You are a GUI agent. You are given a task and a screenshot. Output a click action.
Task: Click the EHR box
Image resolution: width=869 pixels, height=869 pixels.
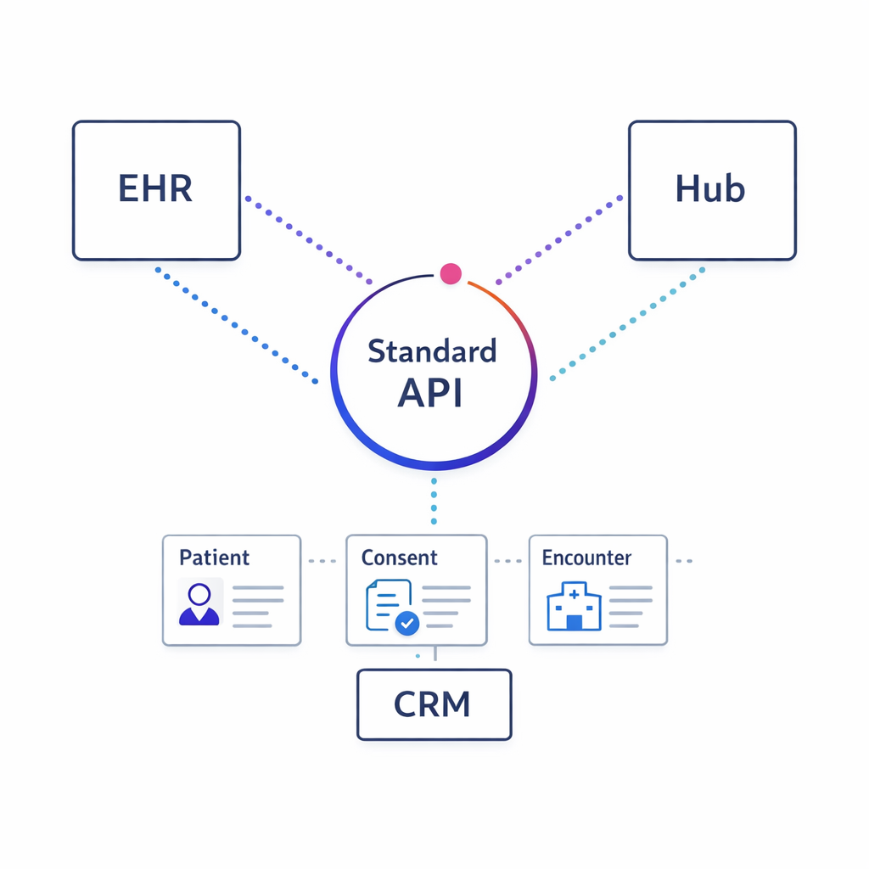[x=156, y=190]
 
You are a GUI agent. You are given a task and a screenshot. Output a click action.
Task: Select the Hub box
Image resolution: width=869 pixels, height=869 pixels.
[x=712, y=190]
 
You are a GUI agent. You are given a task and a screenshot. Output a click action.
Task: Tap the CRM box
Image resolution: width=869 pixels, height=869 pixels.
[x=434, y=704]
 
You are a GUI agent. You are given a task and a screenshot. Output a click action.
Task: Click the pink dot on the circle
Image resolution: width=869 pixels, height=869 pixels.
[x=451, y=273]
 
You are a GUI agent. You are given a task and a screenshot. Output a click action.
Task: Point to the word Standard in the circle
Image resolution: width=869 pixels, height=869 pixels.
[x=432, y=351]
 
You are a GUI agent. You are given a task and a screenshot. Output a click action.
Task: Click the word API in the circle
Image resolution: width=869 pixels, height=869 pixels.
[x=430, y=394]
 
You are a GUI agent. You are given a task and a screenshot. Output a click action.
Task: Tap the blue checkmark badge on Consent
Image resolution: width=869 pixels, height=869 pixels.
[x=407, y=623]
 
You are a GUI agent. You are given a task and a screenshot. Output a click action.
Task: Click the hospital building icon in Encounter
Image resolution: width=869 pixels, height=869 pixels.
[x=574, y=607]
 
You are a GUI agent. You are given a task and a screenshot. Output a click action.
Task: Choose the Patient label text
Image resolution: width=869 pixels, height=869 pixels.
[x=214, y=558]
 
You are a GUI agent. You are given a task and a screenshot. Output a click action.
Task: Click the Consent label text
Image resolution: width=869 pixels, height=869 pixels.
[x=399, y=558]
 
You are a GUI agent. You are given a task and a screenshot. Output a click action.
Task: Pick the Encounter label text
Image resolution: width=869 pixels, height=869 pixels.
[x=586, y=558]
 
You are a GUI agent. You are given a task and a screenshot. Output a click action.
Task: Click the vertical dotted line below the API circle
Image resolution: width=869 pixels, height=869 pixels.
[x=434, y=501]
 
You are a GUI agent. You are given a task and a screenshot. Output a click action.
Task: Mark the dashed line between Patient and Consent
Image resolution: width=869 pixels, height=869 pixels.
[x=323, y=561]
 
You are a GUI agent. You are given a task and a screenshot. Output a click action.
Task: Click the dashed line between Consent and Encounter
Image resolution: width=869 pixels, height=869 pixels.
[x=507, y=561]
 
